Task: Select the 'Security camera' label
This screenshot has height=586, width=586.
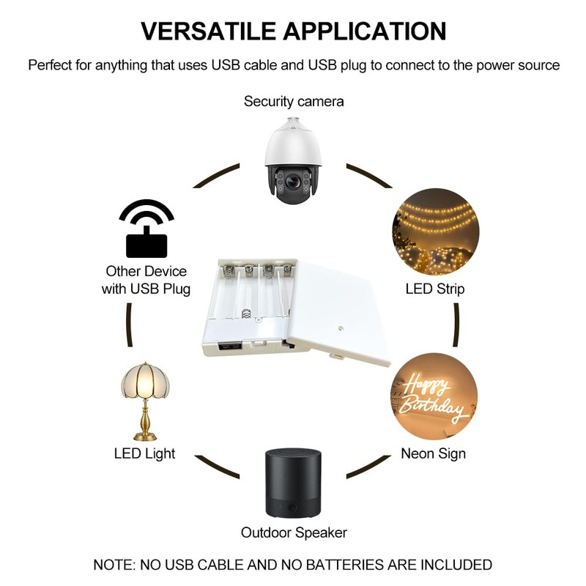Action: [x=294, y=101]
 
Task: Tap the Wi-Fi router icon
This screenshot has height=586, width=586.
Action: [x=146, y=228]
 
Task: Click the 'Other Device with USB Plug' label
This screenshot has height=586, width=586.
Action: [x=146, y=280]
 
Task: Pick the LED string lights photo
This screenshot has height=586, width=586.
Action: [x=435, y=231]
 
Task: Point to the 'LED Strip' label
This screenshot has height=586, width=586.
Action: [x=435, y=289]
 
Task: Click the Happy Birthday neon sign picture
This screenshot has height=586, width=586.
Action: [x=434, y=396]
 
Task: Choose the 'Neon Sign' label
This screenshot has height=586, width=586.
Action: [x=433, y=453]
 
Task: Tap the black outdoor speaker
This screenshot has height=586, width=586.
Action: [x=293, y=483]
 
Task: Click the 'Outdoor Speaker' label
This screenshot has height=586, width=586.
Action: [x=294, y=533]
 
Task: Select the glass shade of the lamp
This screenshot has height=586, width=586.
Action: [x=144, y=381]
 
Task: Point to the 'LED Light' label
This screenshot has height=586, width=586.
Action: [x=144, y=453]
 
